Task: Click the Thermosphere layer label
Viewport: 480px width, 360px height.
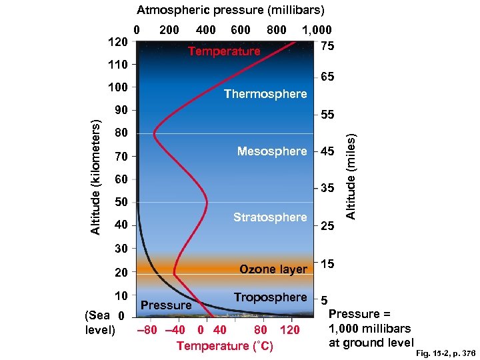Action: (265, 94)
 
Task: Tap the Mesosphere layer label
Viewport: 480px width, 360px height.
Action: (272, 151)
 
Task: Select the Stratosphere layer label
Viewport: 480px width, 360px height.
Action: (270, 217)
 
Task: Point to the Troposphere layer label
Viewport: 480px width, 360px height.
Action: (270, 297)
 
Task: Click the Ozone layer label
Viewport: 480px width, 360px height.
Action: (273, 269)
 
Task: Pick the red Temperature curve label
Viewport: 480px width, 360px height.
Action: (224, 51)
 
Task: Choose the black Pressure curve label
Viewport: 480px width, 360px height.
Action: (167, 305)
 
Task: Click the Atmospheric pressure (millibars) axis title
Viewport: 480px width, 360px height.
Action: (231, 10)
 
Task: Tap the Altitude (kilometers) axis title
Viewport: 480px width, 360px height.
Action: (97, 177)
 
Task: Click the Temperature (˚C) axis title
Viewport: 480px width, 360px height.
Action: (225, 345)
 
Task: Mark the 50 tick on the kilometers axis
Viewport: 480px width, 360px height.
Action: (121, 201)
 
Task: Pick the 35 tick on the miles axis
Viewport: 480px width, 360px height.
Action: (327, 189)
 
